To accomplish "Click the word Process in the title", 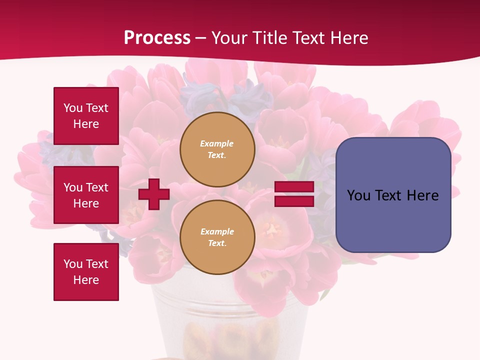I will click(157, 38).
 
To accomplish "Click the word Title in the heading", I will click(268, 38).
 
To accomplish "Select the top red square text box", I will click(86, 116).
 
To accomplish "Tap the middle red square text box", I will click(86, 195).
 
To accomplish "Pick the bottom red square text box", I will click(86, 272).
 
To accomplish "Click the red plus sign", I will click(154, 194).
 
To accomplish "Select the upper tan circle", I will click(217, 149).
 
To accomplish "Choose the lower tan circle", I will click(217, 237).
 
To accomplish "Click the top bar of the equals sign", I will click(294, 187).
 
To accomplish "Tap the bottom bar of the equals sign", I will click(294, 201).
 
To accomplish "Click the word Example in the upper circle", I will click(216, 143).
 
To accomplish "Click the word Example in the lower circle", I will click(217, 231).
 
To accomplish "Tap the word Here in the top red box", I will click(86, 124).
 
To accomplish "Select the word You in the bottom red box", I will click(72, 264).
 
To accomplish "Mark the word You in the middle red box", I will click(72, 187).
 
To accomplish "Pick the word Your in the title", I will click(229, 38).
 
